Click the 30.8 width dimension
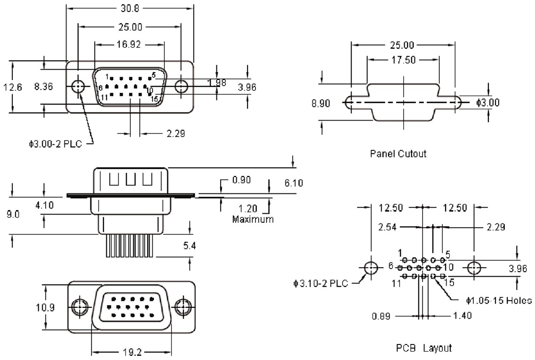(x=130, y=8)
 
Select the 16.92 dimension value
(x=128, y=44)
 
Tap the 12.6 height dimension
(x=13, y=88)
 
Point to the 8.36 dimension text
(x=44, y=87)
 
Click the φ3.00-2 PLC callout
(x=56, y=144)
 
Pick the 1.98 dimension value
(x=216, y=83)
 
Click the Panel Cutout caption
(x=398, y=153)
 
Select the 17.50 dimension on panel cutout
(x=404, y=60)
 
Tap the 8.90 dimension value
(x=321, y=103)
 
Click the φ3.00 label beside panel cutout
(x=488, y=103)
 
